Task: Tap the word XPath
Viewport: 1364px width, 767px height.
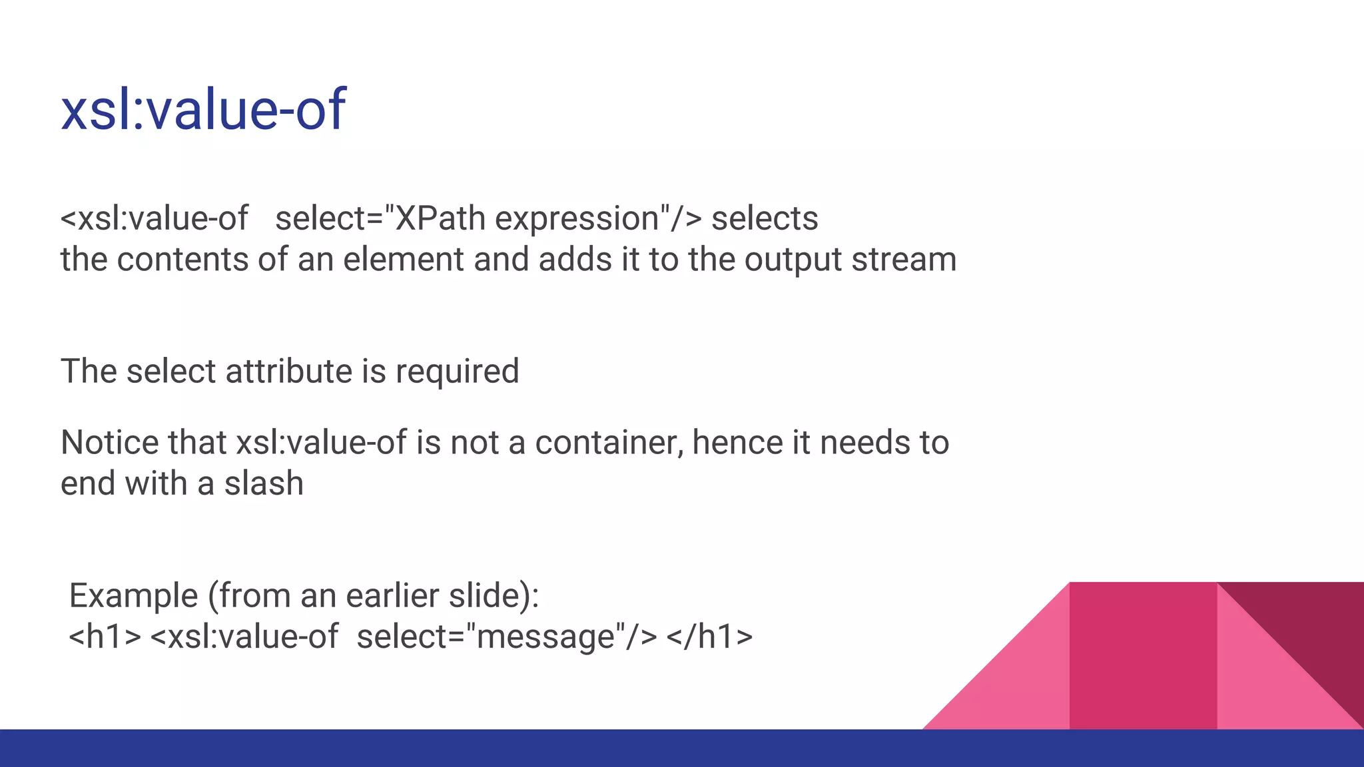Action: (440, 218)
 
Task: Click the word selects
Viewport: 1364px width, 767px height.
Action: (765, 218)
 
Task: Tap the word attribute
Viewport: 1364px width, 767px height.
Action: (288, 371)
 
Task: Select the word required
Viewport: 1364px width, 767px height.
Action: (457, 372)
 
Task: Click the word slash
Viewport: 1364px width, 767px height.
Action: (264, 483)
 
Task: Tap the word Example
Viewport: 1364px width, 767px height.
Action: (133, 596)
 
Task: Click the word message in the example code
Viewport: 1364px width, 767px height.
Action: (545, 637)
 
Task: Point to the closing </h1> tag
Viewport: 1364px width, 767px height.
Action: (709, 637)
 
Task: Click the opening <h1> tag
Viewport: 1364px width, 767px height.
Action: (105, 637)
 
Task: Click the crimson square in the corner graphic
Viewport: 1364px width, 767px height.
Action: (1143, 656)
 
